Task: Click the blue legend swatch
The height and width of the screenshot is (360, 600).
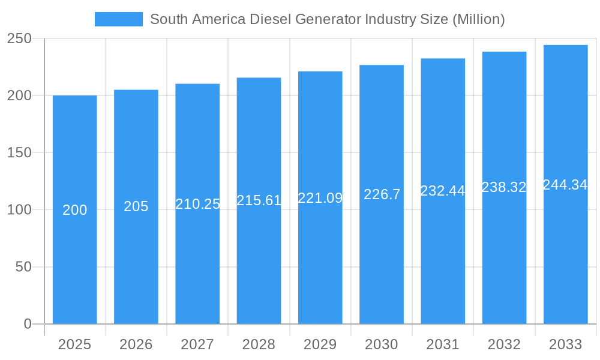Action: click(x=118, y=19)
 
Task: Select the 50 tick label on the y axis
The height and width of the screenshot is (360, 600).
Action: click(x=23, y=267)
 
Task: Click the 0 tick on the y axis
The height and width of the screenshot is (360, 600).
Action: click(x=27, y=324)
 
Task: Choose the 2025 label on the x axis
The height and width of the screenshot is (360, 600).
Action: click(x=74, y=344)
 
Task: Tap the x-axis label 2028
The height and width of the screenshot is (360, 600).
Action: click(x=259, y=344)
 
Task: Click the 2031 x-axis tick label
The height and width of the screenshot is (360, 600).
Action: click(x=443, y=344)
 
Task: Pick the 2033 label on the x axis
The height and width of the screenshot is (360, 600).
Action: click(x=565, y=344)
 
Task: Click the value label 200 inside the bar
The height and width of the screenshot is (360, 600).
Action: click(x=74, y=210)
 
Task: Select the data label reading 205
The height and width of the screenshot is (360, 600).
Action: click(x=136, y=206)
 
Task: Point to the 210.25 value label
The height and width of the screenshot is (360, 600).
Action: click(x=197, y=204)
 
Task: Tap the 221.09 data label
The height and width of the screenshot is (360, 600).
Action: click(x=320, y=198)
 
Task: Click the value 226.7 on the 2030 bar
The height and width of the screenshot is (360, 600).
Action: click(x=382, y=194)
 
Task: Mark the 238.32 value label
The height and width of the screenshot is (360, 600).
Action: click(x=504, y=187)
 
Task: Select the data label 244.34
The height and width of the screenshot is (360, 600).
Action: click(x=565, y=185)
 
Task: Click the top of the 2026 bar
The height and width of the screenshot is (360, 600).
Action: click(x=136, y=91)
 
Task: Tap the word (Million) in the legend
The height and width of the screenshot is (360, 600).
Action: click(x=478, y=19)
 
